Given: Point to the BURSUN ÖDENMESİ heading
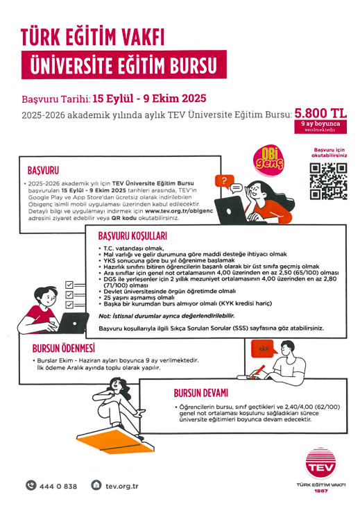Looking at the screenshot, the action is pos(64,348).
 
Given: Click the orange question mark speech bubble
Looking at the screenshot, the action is pos(223,182).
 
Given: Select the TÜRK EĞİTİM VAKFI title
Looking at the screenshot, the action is pos(96,36).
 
